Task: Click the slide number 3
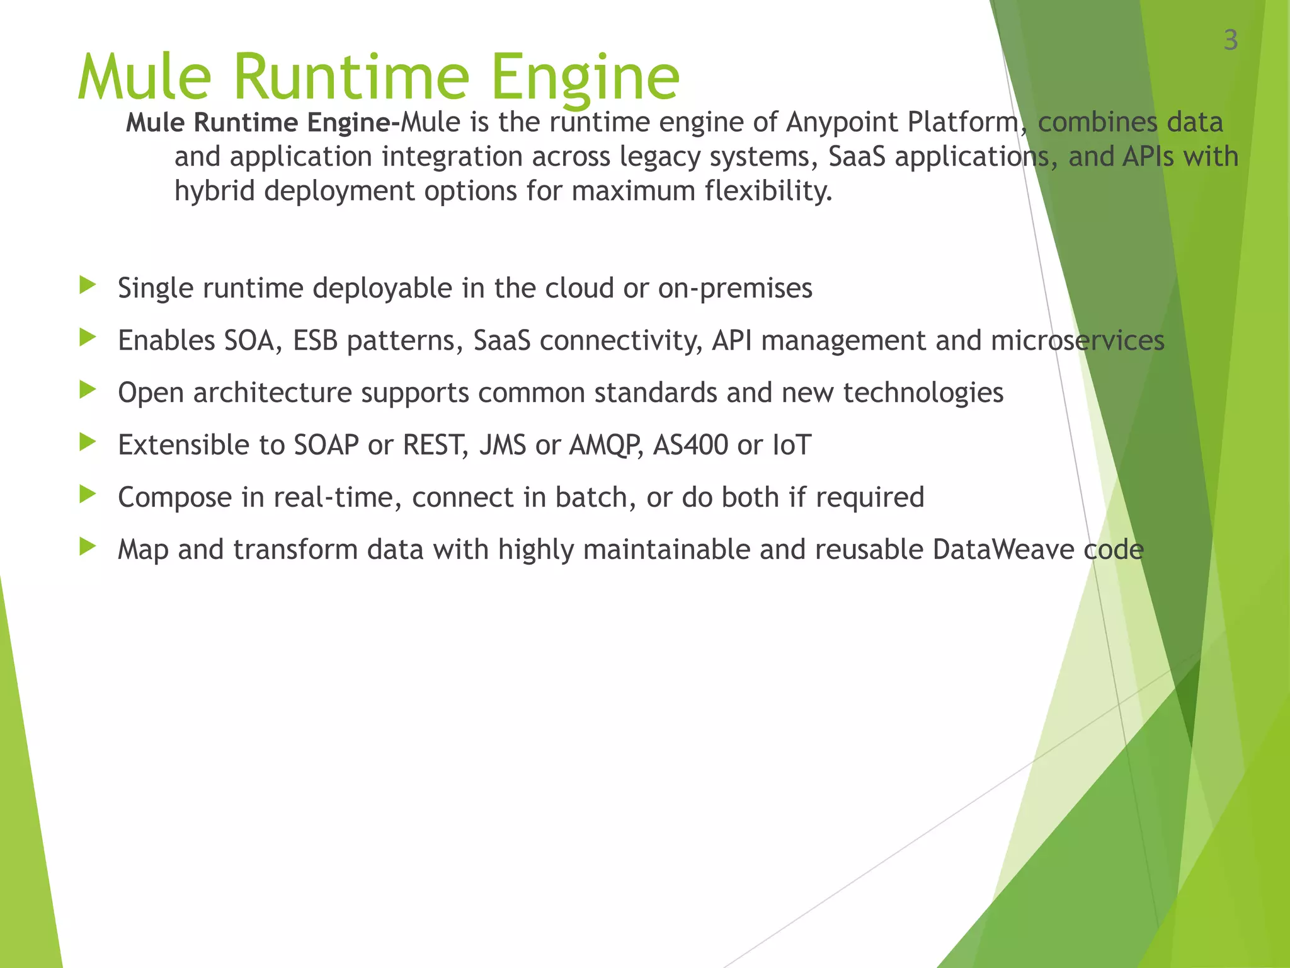coord(1230,40)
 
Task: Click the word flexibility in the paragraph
coord(768,191)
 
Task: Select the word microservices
coord(1077,341)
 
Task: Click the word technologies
coord(923,393)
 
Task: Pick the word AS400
coord(690,446)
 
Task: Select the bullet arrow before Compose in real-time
coord(88,495)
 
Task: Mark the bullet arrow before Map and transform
coord(88,547)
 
